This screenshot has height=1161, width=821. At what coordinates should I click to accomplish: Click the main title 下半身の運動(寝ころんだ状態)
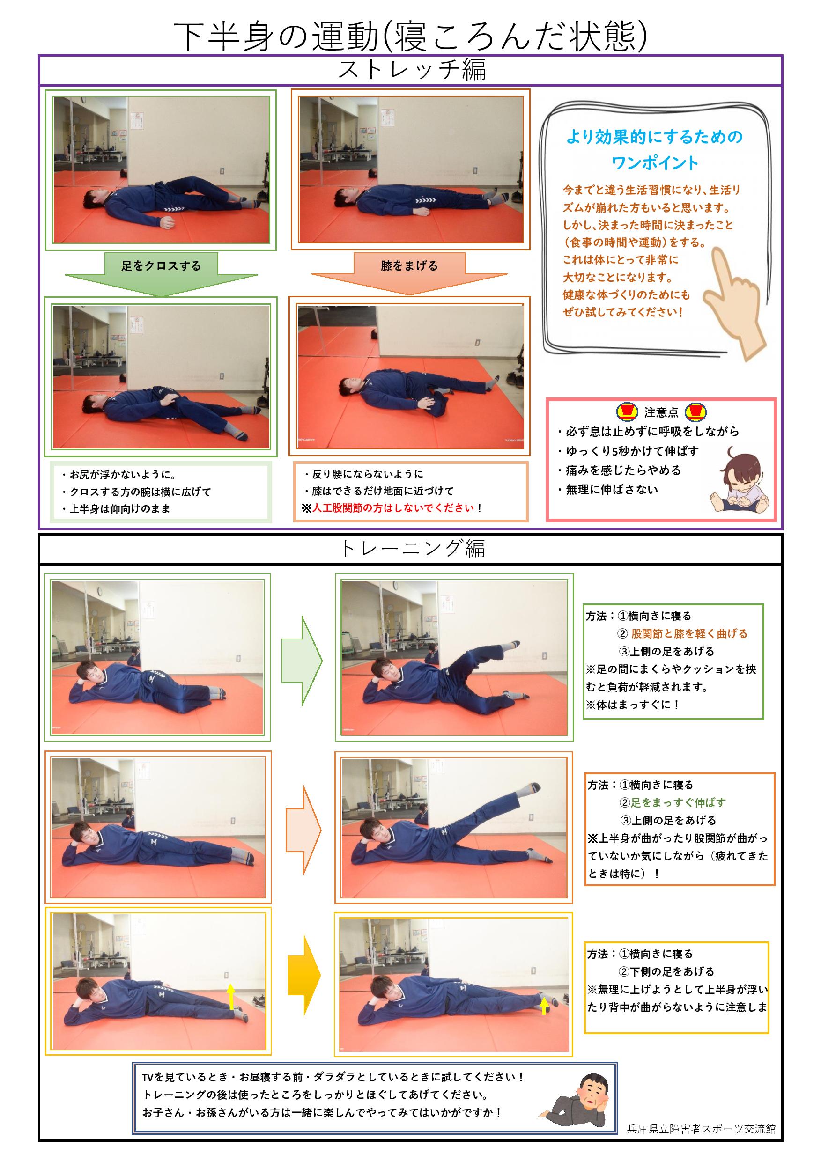(x=410, y=37)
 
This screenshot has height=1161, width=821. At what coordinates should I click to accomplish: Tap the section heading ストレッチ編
(x=411, y=70)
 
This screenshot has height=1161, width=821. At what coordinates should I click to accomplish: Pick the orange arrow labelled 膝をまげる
(x=409, y=273)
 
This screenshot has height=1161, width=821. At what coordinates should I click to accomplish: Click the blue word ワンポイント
(x=655, y=163)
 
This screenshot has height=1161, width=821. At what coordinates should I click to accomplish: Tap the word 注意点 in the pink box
(x=661, y=412)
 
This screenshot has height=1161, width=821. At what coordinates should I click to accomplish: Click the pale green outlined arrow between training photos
(x=302, y=661)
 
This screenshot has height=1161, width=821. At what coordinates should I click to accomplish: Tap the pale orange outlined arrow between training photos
(x=303, y=830)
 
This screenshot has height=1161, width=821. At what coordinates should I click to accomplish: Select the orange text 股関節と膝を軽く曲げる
(x=689, y=633)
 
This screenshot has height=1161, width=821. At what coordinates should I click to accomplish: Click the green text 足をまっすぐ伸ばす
(x=678, y=802)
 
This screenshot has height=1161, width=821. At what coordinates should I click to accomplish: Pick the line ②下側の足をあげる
(x=666, y=971)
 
